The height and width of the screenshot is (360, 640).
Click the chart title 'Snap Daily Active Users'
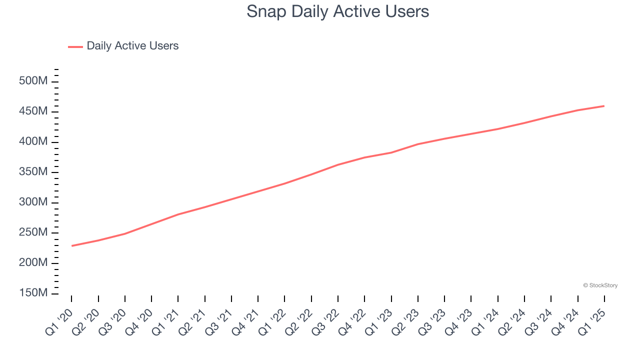click(337, 11)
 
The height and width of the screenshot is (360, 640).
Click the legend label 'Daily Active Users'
click(132, 46)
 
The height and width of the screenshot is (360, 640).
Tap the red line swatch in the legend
click(75, 46)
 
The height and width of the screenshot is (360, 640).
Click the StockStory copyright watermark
click(600, 285)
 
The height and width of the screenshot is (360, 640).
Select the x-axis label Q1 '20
click(59, 321)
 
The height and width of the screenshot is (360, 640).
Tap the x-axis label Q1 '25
click(592, 321)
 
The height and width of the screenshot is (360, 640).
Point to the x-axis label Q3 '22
click(325, 321)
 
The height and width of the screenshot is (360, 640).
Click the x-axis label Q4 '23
click(458, 321)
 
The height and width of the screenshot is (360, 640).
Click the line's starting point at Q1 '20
click(72, 245)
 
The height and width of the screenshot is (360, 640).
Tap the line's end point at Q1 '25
click(604, 106)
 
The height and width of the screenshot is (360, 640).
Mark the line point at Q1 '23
click(391, 152)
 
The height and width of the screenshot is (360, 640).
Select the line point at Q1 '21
click(178, 214)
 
